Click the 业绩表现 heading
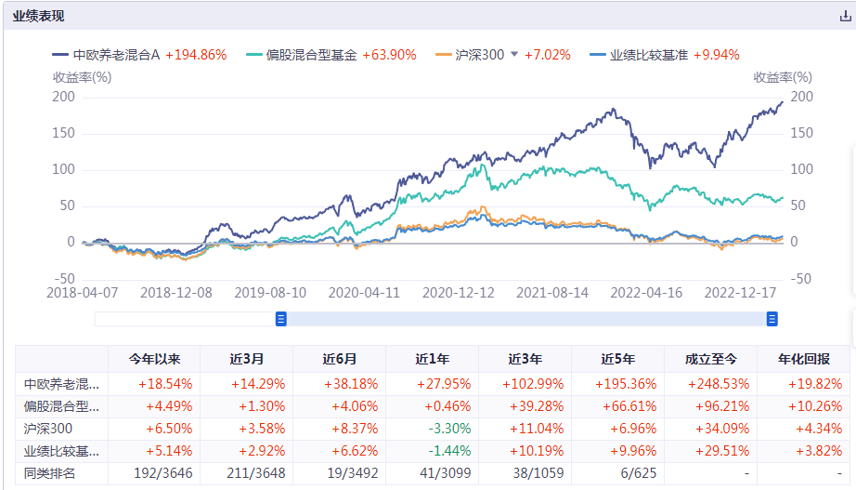(x=39, y=16)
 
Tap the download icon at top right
(x=844, y=16)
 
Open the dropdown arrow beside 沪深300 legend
(x=514, y=54)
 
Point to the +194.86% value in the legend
(x=196, y=55)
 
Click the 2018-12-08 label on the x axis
(x=176, y=292)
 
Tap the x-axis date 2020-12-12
(x=459, y=292)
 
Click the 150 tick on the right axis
(x=801, y=133)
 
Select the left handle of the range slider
(x=281, y=319)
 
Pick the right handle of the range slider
(x=772, y=319)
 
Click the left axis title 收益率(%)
(x=83, y=77)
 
